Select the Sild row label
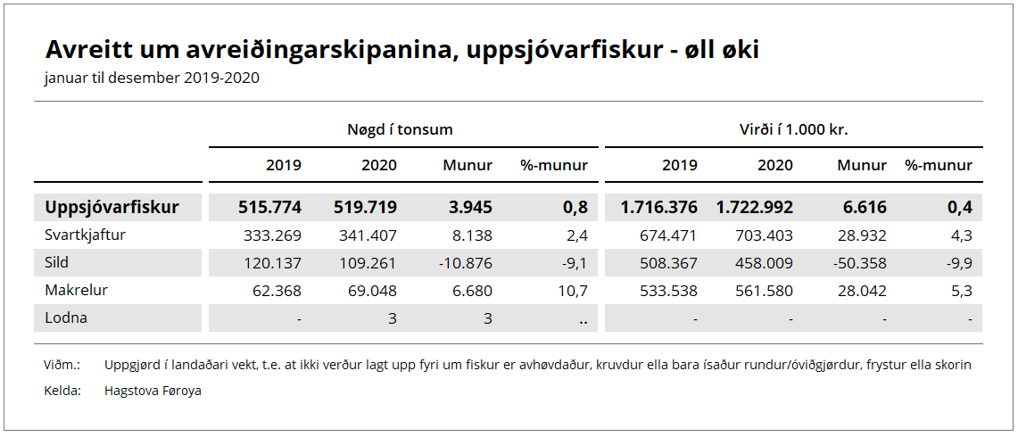[56, 263]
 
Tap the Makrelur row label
[76, 290]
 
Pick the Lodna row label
[66, 317]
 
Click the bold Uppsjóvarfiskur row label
[112, 208]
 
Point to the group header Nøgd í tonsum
[400, 129]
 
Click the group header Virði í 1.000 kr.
[788, 129]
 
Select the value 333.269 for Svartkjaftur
[272, 235]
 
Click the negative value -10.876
[464, 263]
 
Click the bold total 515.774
[269, 208]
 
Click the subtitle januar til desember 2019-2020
[152, 78]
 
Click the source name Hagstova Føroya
[153, 391]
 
